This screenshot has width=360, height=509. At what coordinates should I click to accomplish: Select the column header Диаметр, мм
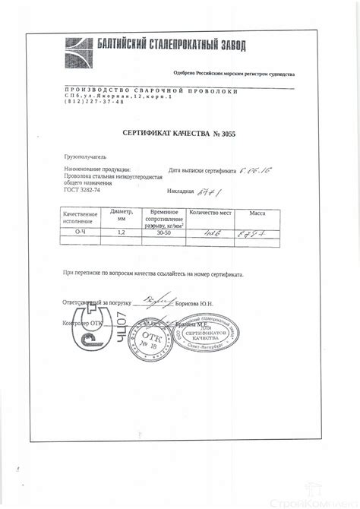point(122,214)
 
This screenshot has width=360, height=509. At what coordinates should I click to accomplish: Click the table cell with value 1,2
point(121,233)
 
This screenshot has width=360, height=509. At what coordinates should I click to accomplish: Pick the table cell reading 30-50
point(163,233)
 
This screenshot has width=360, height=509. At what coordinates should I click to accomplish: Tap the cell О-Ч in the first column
point(81,233)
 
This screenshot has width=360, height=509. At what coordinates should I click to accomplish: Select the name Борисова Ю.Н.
point(194,302)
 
